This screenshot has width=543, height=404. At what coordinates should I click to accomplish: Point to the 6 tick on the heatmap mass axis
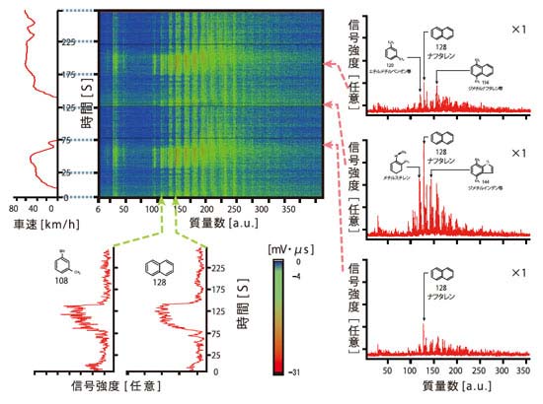(x=100, y=210)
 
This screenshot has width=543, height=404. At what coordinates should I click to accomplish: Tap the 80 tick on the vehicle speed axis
(x=14, y=210)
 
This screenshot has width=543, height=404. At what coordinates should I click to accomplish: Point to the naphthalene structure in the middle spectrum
(x=436, y=139)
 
